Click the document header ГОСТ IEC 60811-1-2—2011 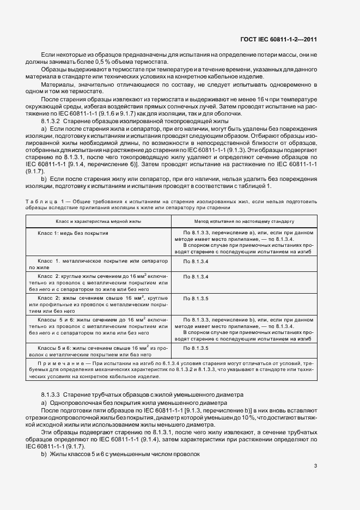click(x=278, y=39)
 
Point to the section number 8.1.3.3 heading click(x=52, y=393)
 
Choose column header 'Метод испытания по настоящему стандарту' click(x=244, y=222)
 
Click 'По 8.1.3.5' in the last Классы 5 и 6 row click(x=196, y=347)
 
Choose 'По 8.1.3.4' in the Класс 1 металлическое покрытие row click(x=196, y=262)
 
